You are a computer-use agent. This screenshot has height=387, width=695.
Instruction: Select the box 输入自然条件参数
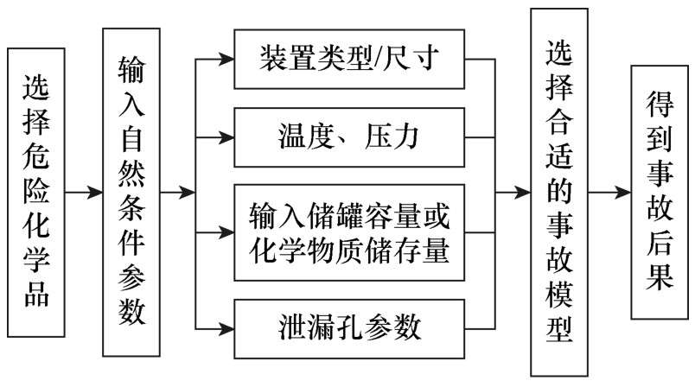click(132, 192)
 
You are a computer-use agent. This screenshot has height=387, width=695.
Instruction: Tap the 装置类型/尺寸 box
click(350, 60)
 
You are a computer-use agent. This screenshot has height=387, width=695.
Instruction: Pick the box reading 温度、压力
click(350, 135)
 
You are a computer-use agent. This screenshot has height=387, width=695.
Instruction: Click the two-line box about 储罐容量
click(350, 231)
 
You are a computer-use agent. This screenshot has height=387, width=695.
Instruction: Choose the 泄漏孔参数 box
click(350, 327)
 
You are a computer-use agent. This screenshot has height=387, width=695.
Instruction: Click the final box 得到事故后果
click(661, 192)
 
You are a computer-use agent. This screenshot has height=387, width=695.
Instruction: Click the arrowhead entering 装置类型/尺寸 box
click(226, 60)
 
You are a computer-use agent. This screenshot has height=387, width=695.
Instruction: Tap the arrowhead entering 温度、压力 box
click(226, 135)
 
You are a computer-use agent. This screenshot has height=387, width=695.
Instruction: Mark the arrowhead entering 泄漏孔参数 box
click(226, 327)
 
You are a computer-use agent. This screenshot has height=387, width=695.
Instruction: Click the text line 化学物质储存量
click(350, 250)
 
